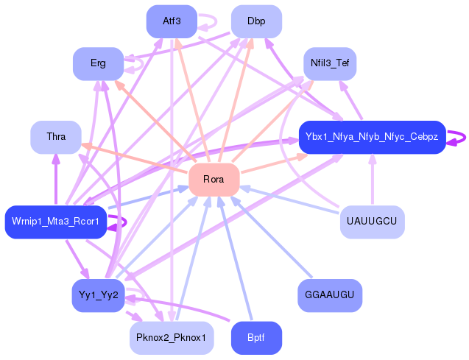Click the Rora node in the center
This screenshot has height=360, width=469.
pos(214,180)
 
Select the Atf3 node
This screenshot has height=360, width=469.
pos(171,21)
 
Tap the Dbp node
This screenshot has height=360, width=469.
pos(256,21)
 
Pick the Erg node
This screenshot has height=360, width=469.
pos(98,63)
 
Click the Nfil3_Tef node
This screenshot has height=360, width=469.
pos(330,63)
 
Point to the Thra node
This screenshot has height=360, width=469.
pos(55,137)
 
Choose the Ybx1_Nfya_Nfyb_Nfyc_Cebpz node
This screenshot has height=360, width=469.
pos(372,137)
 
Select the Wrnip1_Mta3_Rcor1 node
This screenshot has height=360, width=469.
pos(56,222)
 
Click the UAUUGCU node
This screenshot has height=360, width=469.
pos(372,222)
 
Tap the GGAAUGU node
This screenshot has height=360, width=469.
pos(330,295)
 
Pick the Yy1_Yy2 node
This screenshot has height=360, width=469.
pos(98,295)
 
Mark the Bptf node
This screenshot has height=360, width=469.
pos(256,338)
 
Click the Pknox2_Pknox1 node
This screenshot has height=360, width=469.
pos(171,338)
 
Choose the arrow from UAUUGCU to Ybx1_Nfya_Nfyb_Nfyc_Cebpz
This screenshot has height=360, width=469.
pos(372,180)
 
